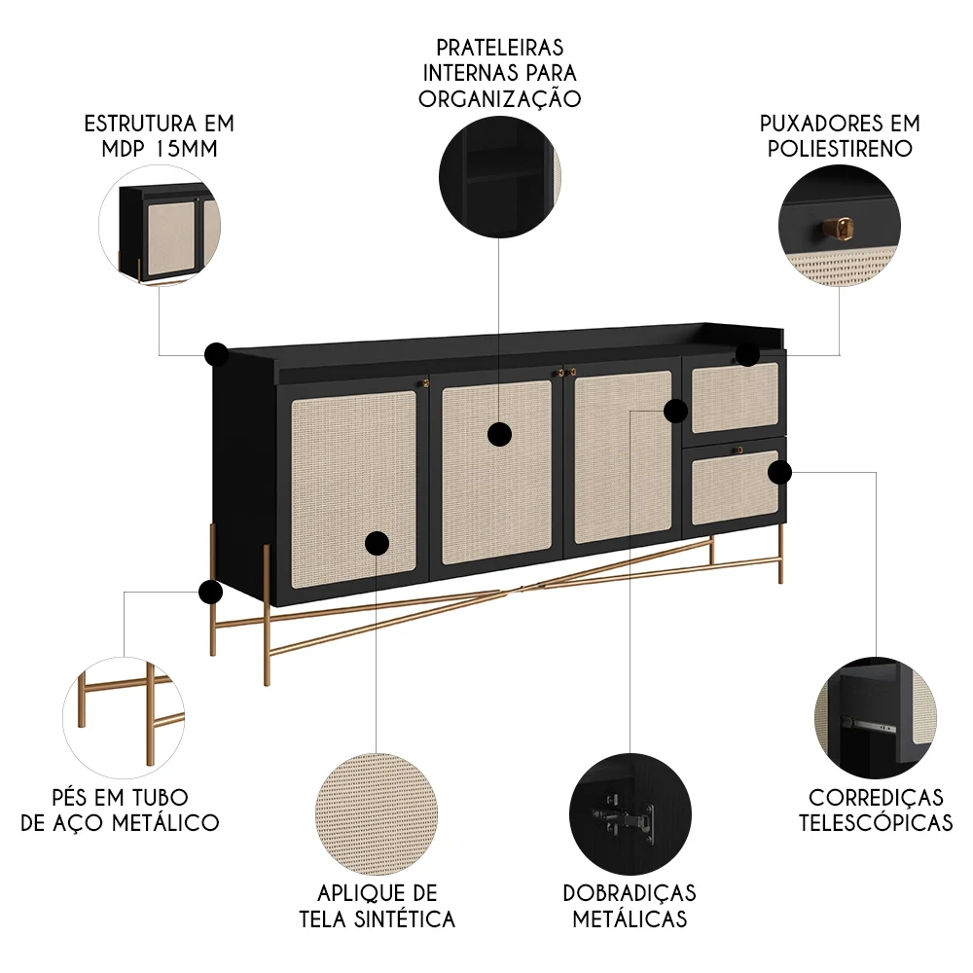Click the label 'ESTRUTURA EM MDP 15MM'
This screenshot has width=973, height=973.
tap(160, 136)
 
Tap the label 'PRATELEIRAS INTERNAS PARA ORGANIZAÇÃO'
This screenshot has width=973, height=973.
tap(499, 73)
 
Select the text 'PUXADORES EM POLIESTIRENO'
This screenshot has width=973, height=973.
tap(840, 136)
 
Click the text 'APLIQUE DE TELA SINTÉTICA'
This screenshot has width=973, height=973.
tap(377, 906)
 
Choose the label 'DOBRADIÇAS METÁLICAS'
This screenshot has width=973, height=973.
tap(630, 906)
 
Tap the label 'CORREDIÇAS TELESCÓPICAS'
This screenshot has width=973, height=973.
tap(876, 811)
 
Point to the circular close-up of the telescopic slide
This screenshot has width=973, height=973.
tap(876, 715)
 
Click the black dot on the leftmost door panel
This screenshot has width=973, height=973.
tap(377, 543)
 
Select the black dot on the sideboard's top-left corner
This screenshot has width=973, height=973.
tap(216, 354)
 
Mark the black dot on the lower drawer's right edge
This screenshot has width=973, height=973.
tap(779, 473)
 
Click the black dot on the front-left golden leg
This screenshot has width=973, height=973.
tap(210, 592)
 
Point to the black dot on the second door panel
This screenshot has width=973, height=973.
tap(499, 434)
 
